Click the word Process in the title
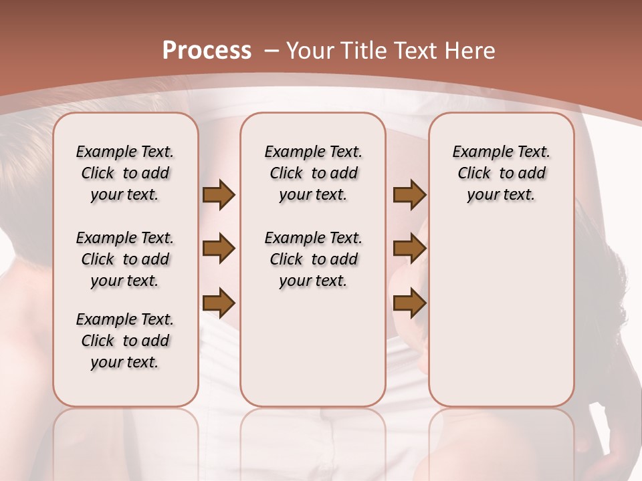(x=207, y=51)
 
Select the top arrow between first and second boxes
(x=219, y=195)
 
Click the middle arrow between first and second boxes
(x=219, y=249)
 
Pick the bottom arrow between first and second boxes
(x=219, y=303)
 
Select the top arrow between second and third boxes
(x=409, y=195)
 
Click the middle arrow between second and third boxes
(x=409, y=249)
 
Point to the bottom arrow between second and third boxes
(x=409, y=303)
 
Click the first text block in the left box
(x=125, y=173)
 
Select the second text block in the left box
(x=125, y=259)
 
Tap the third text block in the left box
(x=125, y=341)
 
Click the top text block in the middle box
(x=313, y=173)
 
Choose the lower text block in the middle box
(x=313, y=259)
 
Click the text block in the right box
(x=501, y=173)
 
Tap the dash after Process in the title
(x=272, y=51)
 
